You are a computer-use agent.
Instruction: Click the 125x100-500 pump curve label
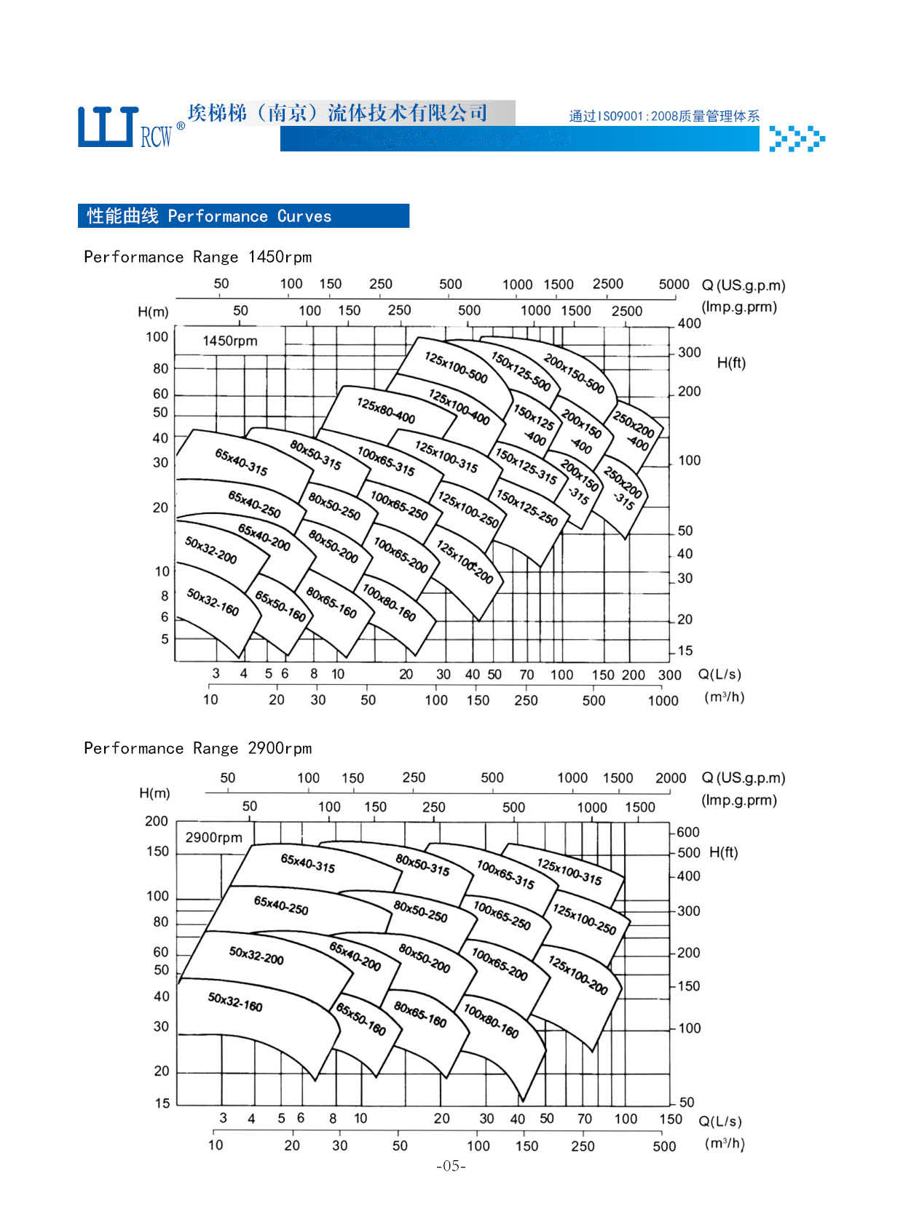point(456,368)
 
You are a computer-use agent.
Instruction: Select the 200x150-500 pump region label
point(574,373)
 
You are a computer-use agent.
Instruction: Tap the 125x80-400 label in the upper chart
point(385,411)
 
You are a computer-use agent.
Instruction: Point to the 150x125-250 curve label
point(527,507)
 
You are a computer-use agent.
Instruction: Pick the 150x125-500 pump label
point(521,371)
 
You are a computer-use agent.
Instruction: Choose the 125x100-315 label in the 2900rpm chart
point(569,872)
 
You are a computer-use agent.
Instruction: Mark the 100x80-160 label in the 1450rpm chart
point(389,603)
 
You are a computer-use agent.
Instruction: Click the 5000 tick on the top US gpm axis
point(674,285)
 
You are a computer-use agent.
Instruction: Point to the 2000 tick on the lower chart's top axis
point(671,778)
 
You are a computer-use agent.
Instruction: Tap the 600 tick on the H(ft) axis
point(688,832)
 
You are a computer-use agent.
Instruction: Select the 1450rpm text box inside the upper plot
point(230,341)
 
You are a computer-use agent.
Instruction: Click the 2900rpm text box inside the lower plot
point(213,838)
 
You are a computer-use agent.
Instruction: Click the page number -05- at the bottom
point(451,1167)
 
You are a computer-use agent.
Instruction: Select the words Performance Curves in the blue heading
point(249,216)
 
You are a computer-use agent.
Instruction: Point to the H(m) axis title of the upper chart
point(153,312)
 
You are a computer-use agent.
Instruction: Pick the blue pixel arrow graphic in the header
point(797,138)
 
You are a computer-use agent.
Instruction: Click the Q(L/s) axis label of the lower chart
point(720,1122)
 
